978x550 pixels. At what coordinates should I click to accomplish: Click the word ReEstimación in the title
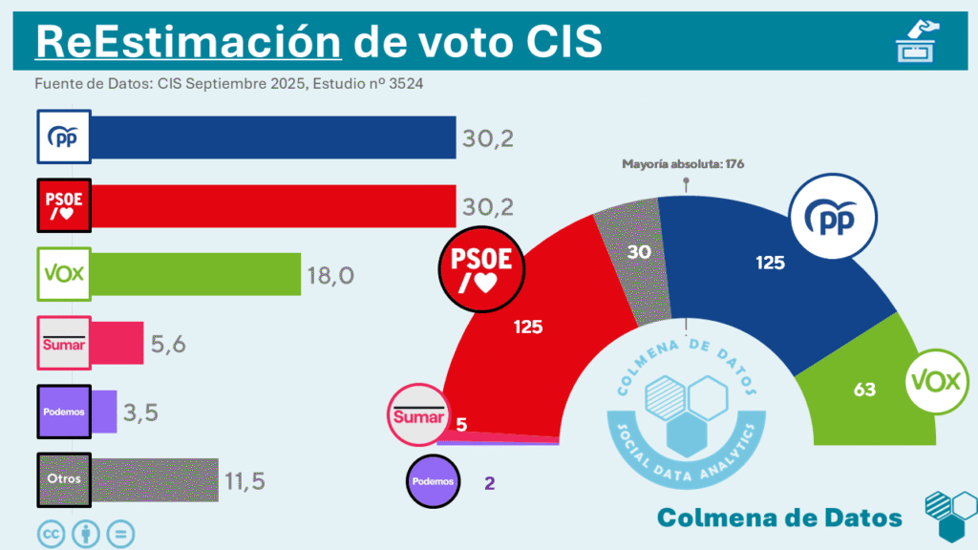pos(187,41)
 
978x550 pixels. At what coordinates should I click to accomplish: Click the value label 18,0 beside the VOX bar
pos(331,275)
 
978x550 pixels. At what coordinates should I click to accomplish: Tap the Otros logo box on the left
pos(63,479)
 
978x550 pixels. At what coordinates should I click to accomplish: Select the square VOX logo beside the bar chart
pos(63,274)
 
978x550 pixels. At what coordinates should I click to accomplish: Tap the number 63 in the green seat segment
pos(864,389)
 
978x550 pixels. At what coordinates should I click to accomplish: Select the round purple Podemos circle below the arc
pos(434,481)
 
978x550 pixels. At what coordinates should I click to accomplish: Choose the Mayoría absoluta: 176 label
pos(683,164)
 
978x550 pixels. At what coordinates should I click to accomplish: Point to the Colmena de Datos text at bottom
pos(779,518)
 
